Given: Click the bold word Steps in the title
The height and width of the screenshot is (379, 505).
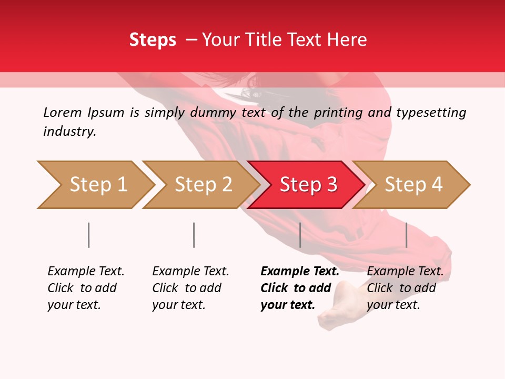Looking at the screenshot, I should [x=153, y=39].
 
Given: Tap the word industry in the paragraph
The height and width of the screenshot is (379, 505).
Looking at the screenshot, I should [x=69, y=131].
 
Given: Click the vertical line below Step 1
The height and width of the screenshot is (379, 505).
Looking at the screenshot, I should [x=89, y=235].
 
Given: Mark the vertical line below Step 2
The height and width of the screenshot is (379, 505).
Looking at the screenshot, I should [x=194, y=235].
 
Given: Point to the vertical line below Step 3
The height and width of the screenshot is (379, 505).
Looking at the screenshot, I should [x=300, y=235].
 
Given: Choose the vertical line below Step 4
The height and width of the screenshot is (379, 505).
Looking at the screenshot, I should [x=406, y=235].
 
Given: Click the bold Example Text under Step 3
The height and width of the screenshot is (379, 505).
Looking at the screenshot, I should [x=300, y=272].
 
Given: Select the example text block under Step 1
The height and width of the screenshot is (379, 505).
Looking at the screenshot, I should [x=86, y=288].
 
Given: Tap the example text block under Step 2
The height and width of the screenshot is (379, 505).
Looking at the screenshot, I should [x=190, y=288].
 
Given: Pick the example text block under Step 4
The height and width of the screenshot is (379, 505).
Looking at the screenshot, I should [x=405, y=288].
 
